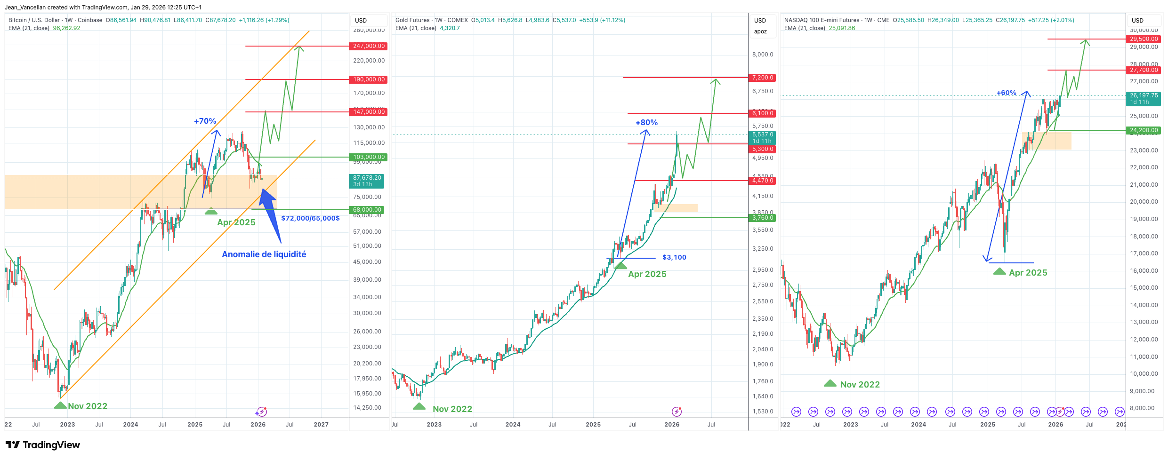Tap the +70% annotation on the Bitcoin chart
coord(205,121)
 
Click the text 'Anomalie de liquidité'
coord(264,254)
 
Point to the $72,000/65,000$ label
coord(310,218)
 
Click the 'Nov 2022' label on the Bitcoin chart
coord(88,406)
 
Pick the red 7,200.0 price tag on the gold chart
coord(762,78)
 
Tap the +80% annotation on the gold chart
coord(646,123)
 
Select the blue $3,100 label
coord(674,257)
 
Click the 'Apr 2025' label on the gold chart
coord(647,274)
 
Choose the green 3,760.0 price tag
coord(762,218)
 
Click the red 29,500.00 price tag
coord(1144,39)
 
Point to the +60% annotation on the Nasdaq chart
coord(1006,93)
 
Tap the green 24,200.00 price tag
coord(1144,130)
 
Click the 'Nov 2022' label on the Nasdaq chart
coord(860,385)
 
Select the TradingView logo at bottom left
coord(43,445)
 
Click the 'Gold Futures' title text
coord(412,20)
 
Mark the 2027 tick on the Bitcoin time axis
coord(321,425)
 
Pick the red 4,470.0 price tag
coord(762,181)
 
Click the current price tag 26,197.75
coord(1144,95)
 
